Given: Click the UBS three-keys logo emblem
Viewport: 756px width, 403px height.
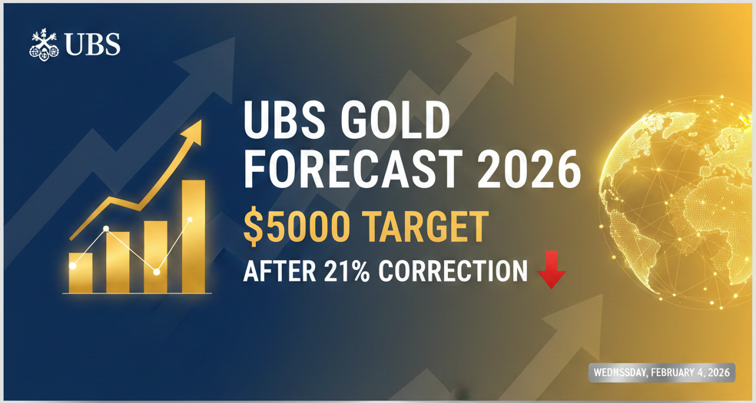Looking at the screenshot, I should click(45, 45).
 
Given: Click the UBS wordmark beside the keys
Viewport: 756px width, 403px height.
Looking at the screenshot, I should click(93, 45).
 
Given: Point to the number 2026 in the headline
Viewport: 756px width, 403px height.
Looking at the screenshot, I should click(529, 171).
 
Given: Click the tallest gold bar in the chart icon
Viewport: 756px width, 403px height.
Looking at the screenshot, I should click(193, 236).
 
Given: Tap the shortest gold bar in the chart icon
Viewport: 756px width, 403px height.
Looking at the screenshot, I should click(80, 273).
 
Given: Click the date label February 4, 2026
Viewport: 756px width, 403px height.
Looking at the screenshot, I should click(661, 373).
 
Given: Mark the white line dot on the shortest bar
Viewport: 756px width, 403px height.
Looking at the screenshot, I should click(73, 266).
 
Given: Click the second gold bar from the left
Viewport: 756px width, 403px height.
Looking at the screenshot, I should click(118, 262).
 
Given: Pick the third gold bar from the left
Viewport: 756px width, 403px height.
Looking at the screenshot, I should click(155, 256).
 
